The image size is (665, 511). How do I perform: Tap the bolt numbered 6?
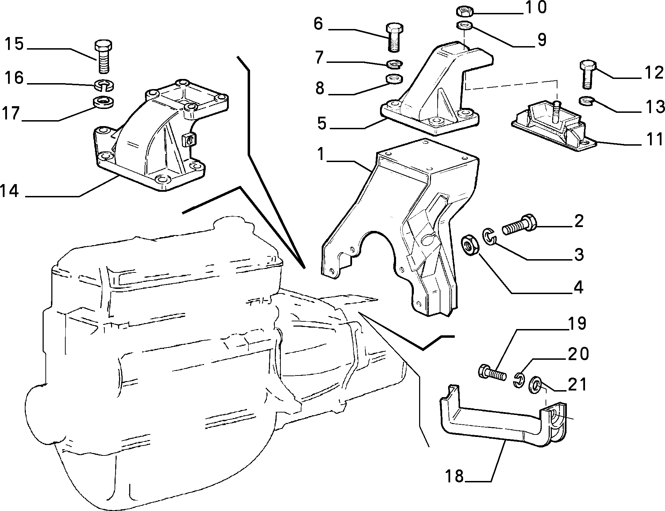(394, 37)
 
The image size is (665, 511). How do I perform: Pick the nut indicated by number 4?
(470, 246)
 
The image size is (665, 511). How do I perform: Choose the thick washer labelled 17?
(104, 103)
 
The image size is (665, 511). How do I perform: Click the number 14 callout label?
(10, 191)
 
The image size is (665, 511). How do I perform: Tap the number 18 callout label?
(454, 476)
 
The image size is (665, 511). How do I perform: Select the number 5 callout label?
(321, 123)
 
